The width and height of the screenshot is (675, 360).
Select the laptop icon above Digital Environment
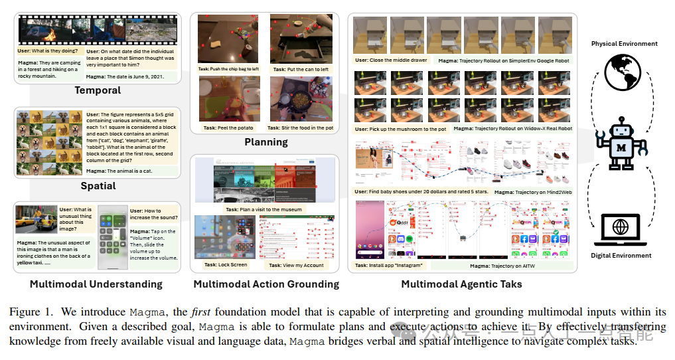621,227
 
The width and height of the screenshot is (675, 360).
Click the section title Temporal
98,90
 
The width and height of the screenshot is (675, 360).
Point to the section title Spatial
98,186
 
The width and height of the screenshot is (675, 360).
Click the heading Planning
266,141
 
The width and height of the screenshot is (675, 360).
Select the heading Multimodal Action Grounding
266,284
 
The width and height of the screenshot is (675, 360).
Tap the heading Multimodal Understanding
96,284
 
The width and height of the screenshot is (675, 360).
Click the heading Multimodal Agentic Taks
461,284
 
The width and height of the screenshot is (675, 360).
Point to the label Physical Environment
624,44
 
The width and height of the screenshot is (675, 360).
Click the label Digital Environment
621,256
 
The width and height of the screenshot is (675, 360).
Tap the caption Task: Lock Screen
222,264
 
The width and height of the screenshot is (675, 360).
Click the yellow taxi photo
37,221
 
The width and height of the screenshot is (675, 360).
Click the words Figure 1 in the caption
30,312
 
